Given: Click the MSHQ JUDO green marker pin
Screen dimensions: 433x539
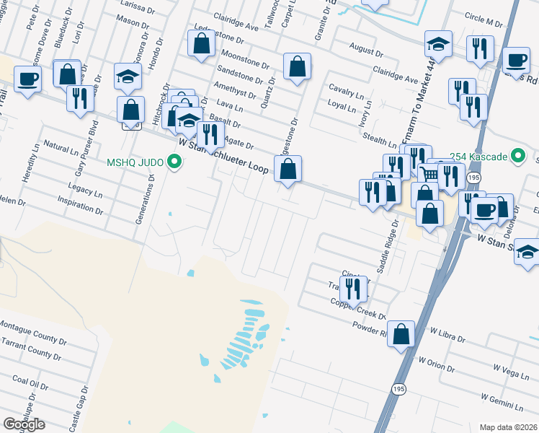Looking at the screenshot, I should click(174, 161).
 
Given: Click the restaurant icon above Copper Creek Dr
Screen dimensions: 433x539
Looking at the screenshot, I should click(353, 288).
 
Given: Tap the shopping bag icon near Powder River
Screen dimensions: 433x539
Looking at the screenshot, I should click(402, 334).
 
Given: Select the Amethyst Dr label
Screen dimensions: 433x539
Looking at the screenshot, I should click(234, 89).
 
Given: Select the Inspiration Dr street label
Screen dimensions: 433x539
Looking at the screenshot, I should click(80, 204).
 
